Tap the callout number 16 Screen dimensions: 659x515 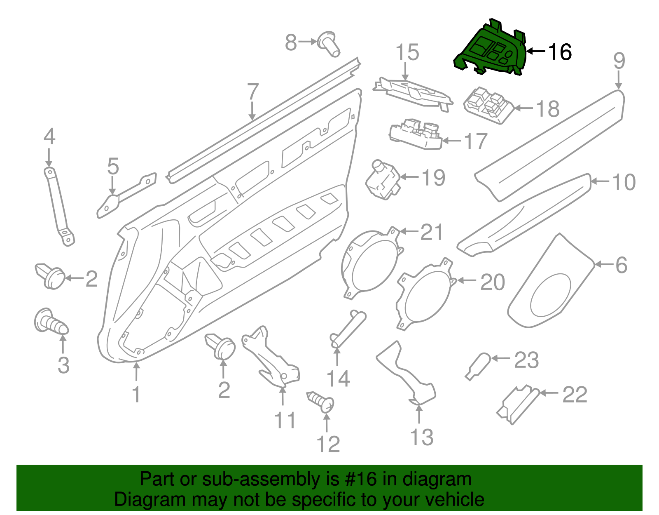pos(560,52)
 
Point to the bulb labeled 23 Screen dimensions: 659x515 pos(478,366)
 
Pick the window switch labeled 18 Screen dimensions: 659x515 pos(488,106)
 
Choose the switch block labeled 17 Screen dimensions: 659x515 pos(416,134)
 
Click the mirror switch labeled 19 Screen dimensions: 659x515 pos(383,180)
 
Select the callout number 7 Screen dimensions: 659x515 pos(252,92)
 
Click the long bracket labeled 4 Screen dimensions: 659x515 pos(59,206)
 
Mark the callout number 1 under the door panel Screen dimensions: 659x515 pos(136,394)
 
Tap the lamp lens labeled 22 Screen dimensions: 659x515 pos(518,404)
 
